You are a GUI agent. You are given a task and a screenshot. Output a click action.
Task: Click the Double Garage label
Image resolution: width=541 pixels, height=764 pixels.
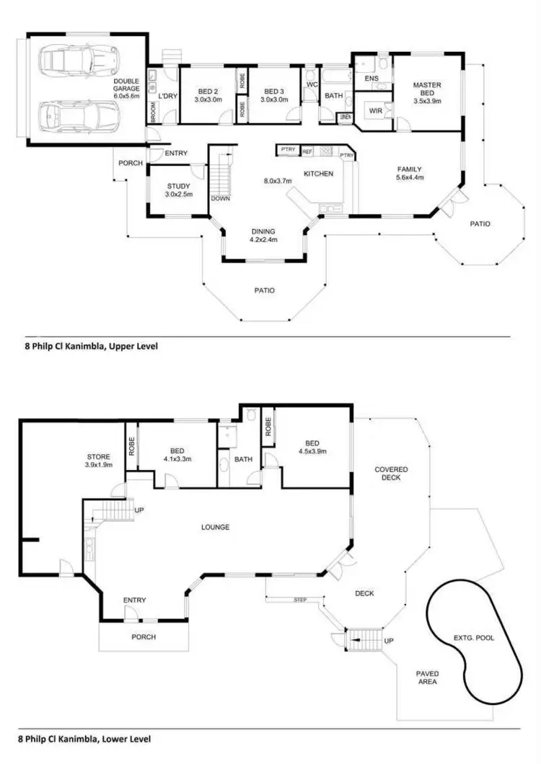126,86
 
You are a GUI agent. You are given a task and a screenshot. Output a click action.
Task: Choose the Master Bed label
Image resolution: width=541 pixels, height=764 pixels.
426,93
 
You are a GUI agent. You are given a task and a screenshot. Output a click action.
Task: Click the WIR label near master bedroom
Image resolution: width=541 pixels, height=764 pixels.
375,111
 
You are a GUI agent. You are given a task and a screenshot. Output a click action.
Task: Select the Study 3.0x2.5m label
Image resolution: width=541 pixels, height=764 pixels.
178,190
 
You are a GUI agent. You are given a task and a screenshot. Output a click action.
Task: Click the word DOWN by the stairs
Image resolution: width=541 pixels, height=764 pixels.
220,199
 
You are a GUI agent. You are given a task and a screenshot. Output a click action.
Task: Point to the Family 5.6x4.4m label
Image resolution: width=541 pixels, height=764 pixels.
410,173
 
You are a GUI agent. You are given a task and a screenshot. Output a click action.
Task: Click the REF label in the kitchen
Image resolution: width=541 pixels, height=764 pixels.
307,151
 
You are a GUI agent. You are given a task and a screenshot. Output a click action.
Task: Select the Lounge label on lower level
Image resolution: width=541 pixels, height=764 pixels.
215,527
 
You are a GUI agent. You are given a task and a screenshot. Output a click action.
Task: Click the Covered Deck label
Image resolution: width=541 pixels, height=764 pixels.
391,474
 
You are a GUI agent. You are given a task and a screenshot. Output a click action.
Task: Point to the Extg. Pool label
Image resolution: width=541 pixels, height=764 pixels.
474,638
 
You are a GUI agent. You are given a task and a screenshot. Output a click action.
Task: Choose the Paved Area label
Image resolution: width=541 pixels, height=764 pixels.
427,678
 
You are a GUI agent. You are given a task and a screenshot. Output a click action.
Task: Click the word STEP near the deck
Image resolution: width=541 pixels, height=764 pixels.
300,600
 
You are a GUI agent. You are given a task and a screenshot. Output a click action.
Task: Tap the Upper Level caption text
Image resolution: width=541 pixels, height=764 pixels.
91,346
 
